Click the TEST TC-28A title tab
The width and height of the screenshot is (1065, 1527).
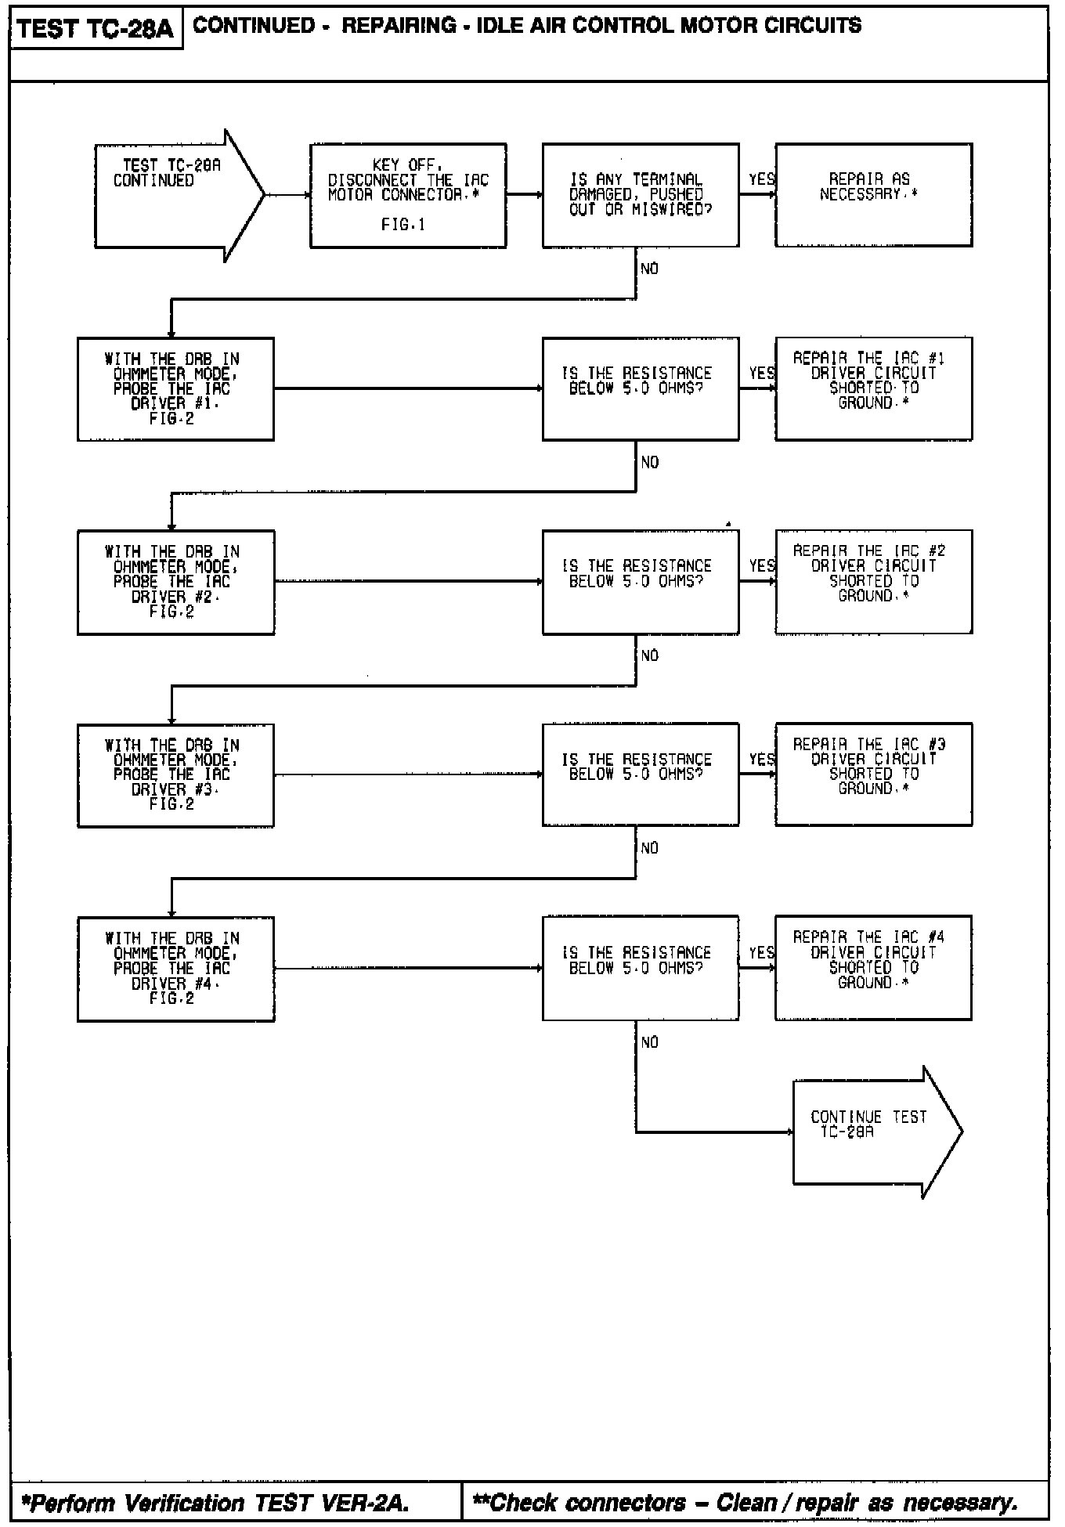tap(96, 30)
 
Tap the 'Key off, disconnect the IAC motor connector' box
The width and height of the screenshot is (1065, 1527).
tap(408, 196)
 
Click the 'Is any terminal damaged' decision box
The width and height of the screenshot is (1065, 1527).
tap(640, 195)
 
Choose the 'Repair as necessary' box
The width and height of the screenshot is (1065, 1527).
tap(873, 195)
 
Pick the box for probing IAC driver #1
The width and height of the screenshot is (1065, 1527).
tap(175, 389)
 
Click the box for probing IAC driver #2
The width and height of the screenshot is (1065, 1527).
tap(175, 582)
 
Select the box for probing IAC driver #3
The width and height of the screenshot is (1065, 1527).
tap(175, 775)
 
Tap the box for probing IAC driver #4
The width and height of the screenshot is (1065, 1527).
tap(175, 969)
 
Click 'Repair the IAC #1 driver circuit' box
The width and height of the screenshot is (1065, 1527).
tap(873, 388)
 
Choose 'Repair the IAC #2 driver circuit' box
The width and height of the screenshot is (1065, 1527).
tap(873, 581)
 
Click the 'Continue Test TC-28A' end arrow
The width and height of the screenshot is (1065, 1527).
tap(873, 1132)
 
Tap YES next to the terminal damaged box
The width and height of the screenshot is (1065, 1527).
tap(761, 179)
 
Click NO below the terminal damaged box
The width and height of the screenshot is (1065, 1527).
tap(650, 269)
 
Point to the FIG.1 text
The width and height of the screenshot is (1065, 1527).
tap(403, 225)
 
